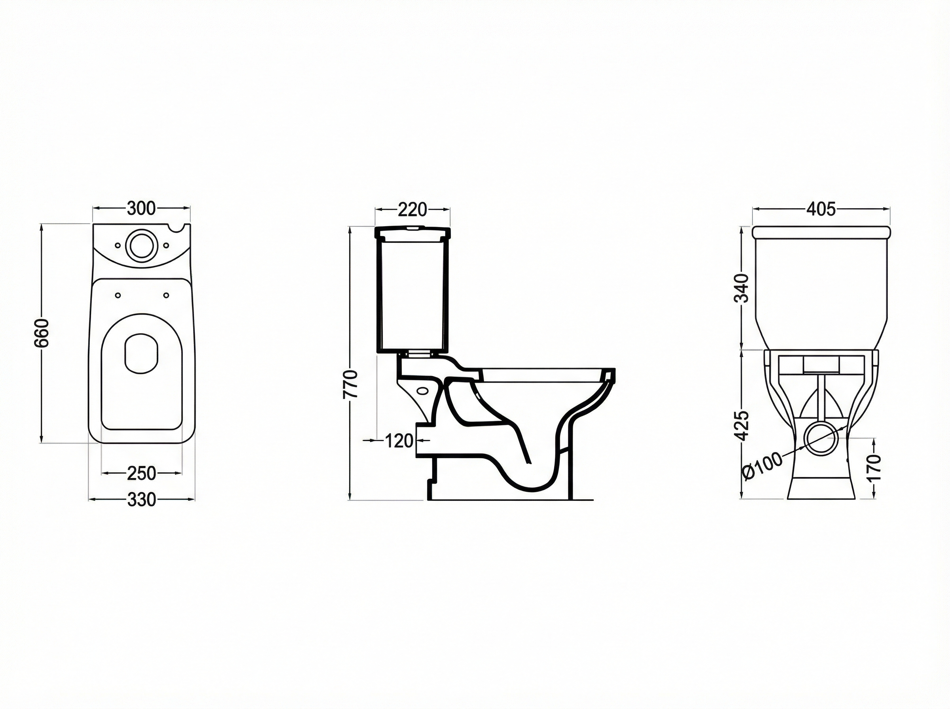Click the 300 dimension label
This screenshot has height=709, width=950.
coord(141,208)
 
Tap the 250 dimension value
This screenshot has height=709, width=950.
coord(141,473)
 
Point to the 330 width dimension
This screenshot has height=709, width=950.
coord(141,500)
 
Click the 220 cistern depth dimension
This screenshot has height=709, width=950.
coord(412,209)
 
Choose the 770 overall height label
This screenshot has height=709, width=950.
coord(350,384)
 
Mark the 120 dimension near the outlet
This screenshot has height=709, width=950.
coord(399,441)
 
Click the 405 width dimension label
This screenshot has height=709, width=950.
coord(821,209)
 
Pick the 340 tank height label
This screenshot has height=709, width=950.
coord(742,288)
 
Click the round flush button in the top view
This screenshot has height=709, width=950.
coord(139,244)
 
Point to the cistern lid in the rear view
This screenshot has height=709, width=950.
coord(821,232)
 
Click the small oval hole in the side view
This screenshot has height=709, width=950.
coord(423,391)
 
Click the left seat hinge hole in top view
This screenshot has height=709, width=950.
coord(118,295)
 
